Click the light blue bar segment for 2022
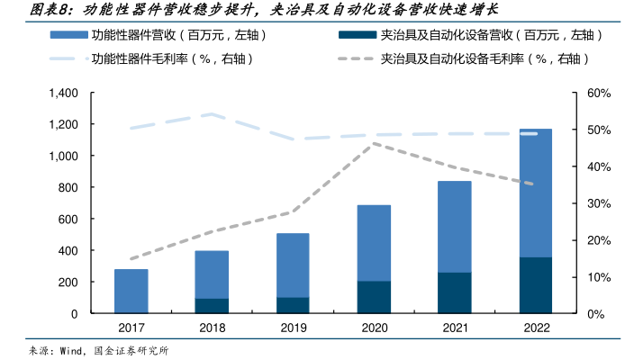(535, 193)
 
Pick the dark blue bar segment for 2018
(213, 306)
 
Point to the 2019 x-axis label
(293, 328)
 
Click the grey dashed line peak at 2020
(374, 143)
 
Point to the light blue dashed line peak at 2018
(213, 114)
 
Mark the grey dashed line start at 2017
(131, 259)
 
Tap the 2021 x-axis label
(455, 328)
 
